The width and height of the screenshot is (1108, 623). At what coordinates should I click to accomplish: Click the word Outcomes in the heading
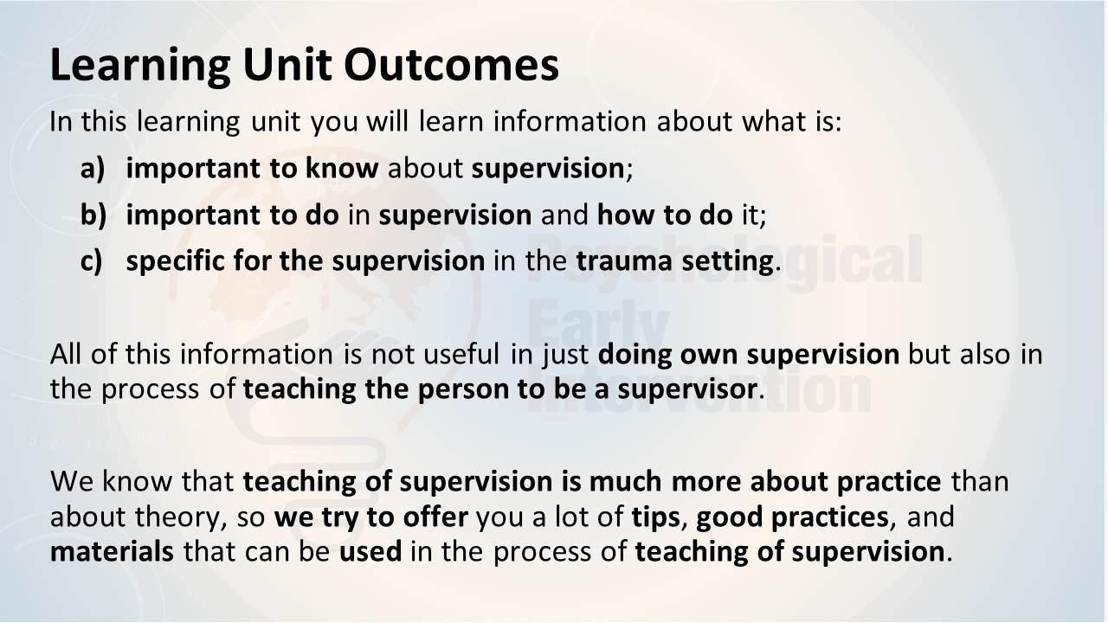(x=451, y=65)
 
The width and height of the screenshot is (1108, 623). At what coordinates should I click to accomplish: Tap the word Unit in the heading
(x=287, y=65)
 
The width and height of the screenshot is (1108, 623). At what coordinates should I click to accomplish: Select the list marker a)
(x=93, y=168)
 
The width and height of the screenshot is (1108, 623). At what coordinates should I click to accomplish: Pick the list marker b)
(x=93, y=215)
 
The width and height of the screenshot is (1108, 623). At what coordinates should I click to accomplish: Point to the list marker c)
(x=92, y=261)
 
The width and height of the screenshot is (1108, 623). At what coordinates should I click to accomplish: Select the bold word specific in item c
(x=175, y=261)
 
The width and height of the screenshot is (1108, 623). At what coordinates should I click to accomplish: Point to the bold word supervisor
(x=687, y=389)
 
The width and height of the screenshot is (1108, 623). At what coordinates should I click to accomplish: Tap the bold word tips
(x=656, y=517)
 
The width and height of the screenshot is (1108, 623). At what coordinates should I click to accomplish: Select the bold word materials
(x=112, y=552)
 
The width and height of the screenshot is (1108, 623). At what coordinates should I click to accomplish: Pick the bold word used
(x=370, y=552)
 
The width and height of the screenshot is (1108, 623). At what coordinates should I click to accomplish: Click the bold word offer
(x=435, y=517)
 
